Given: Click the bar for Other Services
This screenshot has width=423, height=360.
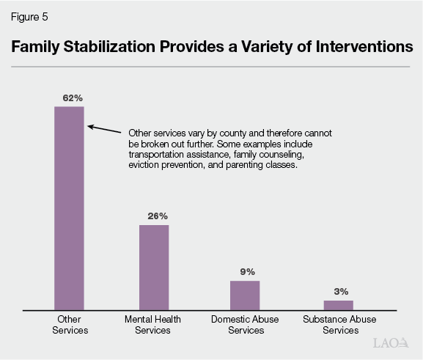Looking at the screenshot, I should point(70,208).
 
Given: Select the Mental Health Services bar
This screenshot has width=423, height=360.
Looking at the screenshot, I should point(154,267).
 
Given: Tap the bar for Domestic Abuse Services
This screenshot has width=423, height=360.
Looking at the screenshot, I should point(245,295).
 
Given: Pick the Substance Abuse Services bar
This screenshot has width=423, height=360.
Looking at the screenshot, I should point(338,305).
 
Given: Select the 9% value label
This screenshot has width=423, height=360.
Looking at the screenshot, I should point(246,271).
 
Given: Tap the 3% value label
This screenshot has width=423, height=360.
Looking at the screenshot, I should point(339,291).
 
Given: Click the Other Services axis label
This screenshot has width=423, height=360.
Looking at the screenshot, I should point(70,325).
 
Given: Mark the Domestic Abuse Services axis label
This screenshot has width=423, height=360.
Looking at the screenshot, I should point(245,325).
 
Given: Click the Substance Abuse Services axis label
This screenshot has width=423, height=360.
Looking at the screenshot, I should point(338,325).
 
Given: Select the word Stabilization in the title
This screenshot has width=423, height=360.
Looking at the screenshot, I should point(116,46).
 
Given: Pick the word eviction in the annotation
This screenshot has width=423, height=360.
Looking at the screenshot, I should point(144,166).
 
